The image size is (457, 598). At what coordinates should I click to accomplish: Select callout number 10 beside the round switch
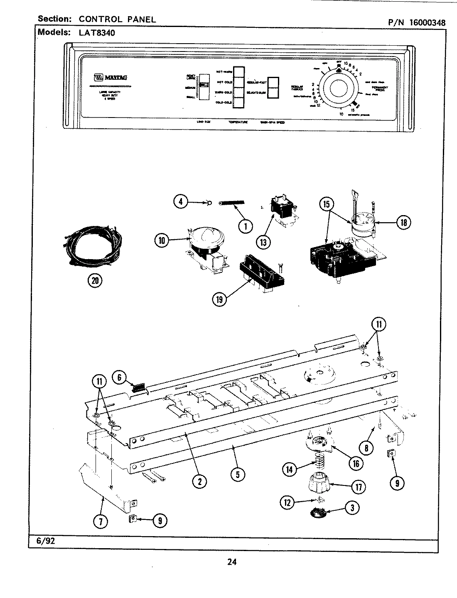click(x=162, y=240)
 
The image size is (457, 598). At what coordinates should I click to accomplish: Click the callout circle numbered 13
click(x=263, y=242)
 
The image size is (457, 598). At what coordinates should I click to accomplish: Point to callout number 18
click(x=402, y=223)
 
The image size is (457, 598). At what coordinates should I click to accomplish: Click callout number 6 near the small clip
click(x=119, y=377)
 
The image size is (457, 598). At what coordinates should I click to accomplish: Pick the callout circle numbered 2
click(x=199, y=481)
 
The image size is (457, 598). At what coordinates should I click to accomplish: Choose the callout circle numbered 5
click(x=237, y=474)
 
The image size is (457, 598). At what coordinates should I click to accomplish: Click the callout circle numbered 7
click(x=101, y=521)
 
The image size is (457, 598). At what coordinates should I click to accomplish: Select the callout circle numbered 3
click(x=352, y=507)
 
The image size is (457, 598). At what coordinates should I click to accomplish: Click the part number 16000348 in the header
click(x=427, y=22)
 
